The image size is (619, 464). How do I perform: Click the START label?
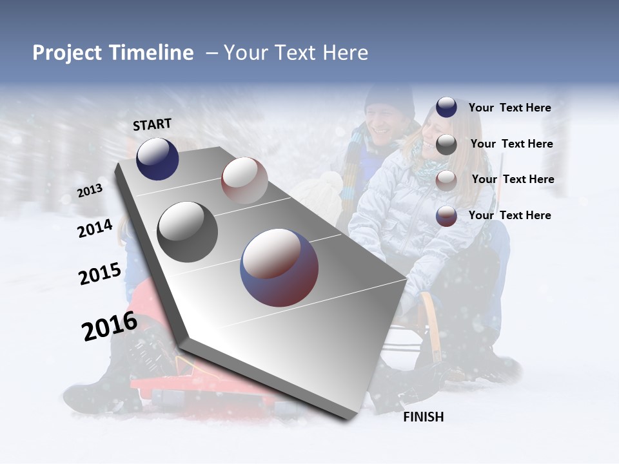[152, 124]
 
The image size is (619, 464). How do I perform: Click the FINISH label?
[423, 417]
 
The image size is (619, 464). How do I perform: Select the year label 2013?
[90, 190]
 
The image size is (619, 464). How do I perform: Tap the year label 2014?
[95, 228]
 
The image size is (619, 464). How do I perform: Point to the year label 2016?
[109, 326]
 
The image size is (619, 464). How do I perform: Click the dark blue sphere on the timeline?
[157, 159]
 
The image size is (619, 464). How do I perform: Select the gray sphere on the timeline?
[187, 231]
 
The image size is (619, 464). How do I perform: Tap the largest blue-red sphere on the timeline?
[279, 267]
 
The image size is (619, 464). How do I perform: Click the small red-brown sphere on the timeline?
[244, 180]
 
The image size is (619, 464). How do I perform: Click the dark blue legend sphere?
[446, 108]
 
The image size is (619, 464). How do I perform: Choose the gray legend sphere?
[446, 144]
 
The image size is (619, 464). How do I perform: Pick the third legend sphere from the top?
[446, 180]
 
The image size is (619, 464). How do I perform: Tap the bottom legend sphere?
[446, 216]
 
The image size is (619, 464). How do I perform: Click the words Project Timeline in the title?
[113, 53]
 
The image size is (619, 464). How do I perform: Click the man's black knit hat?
[389, 99]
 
